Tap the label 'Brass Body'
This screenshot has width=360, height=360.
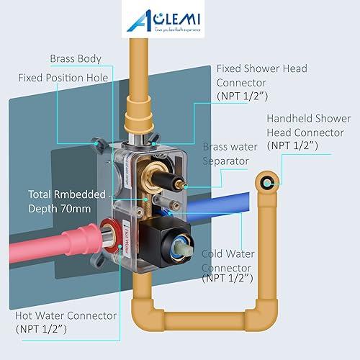(x=76, y=58)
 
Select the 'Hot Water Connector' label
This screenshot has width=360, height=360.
(x=66, y=315)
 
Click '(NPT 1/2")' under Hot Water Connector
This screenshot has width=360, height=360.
(x=40, y=329)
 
